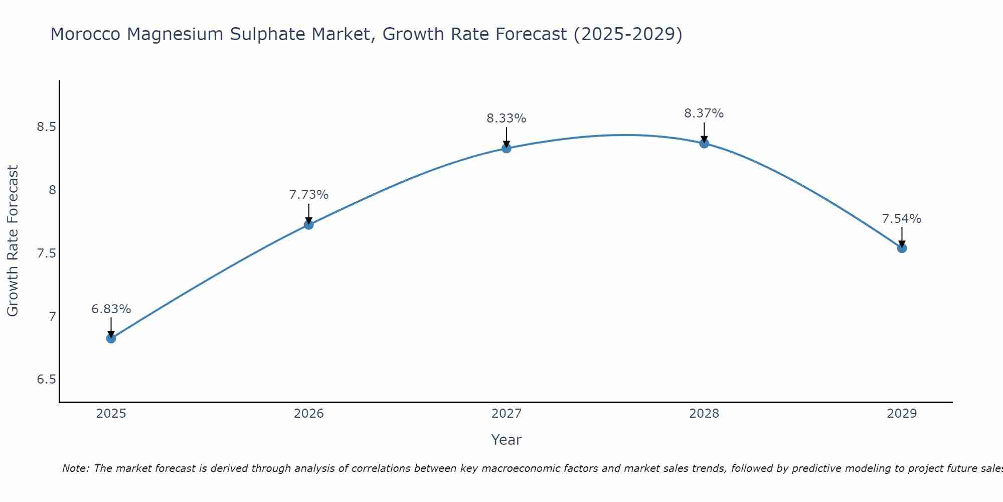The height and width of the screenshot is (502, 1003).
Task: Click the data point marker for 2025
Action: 111,338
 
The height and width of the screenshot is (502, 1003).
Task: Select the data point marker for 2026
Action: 309,224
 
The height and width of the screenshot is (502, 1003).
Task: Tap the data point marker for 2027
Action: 507,148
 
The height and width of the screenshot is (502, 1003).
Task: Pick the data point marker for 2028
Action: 704,143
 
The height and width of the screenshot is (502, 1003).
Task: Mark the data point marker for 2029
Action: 902,248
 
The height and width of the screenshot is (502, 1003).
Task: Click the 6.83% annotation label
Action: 111,309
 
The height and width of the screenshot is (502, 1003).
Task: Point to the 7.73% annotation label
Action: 309,195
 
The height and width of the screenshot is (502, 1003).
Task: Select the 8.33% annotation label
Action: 507,118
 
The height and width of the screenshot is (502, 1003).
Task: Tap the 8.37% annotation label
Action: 704,113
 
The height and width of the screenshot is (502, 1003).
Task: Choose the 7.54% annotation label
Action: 902,219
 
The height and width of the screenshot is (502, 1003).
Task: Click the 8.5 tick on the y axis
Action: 46,127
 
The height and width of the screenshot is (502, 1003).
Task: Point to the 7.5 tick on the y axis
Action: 46,253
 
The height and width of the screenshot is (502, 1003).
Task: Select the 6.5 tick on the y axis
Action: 46,380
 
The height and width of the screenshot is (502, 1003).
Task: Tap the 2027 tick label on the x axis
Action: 507,414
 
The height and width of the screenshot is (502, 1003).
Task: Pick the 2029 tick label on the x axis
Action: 902,414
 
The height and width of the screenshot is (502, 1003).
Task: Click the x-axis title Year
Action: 507,440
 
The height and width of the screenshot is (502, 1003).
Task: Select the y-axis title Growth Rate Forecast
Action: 13,241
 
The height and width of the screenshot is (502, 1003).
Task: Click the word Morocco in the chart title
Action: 85,35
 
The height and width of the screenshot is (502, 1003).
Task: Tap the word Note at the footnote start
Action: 75,468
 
